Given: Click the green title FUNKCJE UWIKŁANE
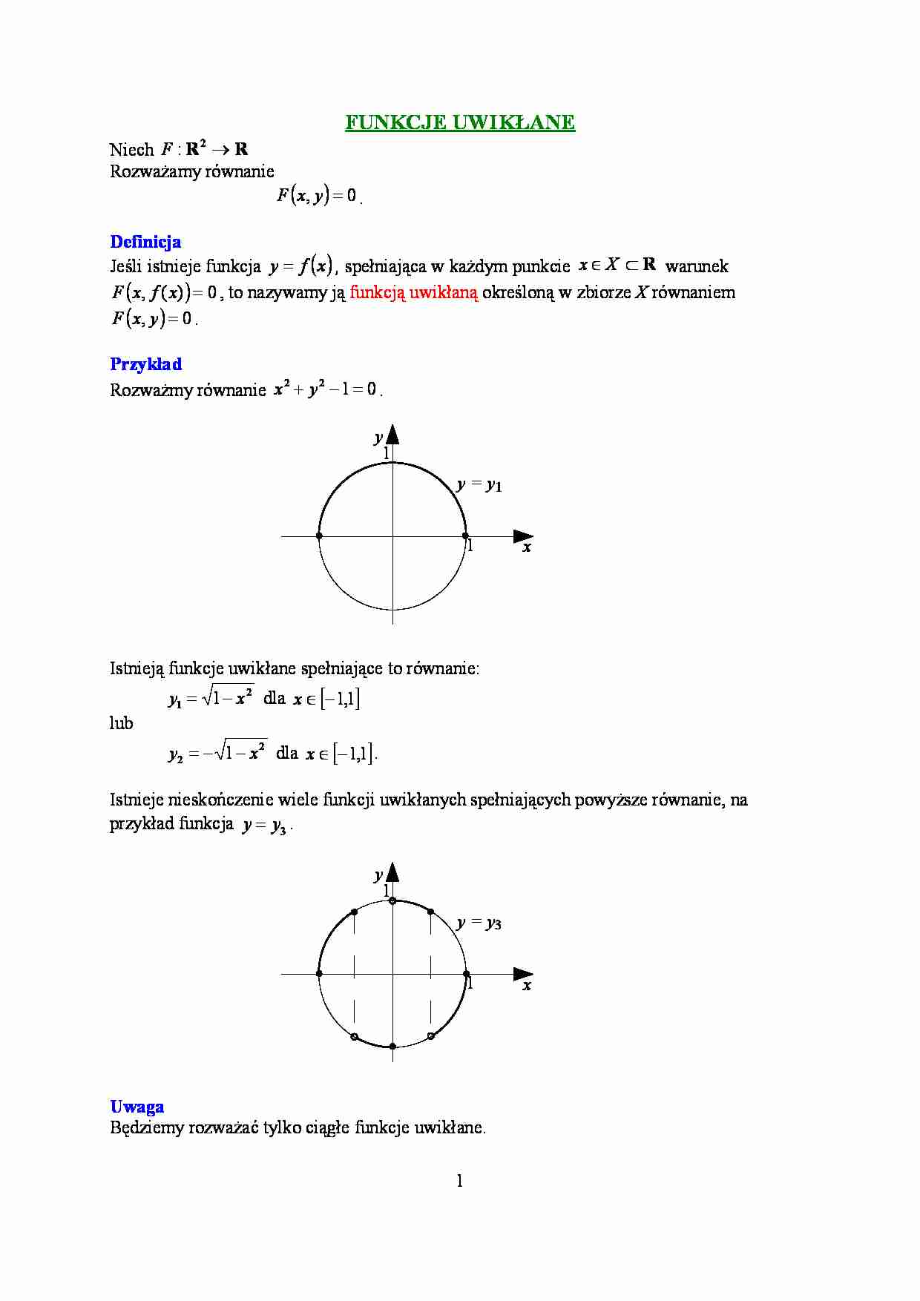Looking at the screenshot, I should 459,122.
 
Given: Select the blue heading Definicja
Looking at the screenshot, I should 145,242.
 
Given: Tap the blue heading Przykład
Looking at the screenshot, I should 145,364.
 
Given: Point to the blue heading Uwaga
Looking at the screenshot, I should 137,1107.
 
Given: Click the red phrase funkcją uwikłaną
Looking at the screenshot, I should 414,292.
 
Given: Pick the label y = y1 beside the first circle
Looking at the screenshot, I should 479,485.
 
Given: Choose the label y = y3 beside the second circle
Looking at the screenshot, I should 479,923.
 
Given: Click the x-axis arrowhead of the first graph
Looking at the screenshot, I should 524,536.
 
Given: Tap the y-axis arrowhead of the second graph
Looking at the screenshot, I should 392,872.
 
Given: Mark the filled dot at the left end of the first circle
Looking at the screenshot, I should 319,536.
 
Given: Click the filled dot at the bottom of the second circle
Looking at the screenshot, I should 392,1046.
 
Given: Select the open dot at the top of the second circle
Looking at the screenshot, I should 392,901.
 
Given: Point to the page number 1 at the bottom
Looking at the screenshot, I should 460,1181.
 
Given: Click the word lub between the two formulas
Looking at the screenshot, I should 121,723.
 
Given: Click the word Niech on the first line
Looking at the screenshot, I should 131,150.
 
